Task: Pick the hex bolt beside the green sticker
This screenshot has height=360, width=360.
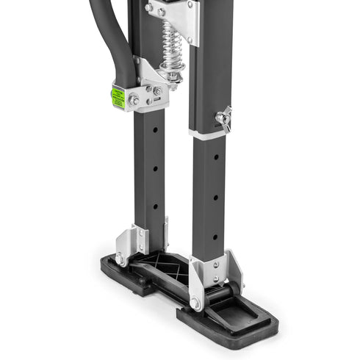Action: click(x=134, y=98)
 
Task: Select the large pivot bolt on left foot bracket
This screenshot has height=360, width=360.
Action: click(x=120, y=259)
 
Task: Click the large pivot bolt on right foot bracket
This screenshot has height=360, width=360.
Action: click(x=195, y=302)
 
